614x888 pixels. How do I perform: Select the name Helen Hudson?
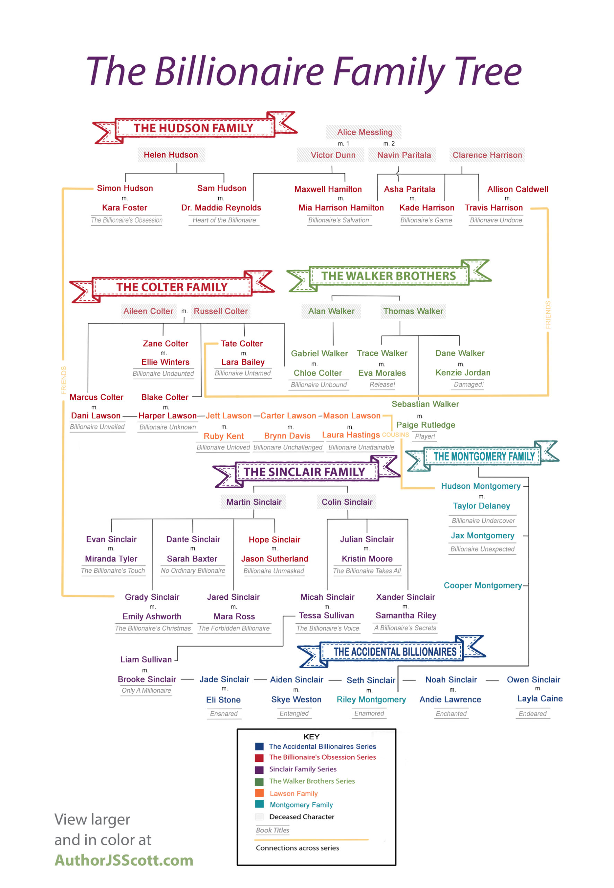point(171,155)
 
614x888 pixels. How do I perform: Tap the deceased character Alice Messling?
point(365,132)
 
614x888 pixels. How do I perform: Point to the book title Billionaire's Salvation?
point(339,220)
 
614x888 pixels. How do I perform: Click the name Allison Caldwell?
point(517,189)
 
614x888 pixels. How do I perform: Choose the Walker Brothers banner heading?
point(388,276)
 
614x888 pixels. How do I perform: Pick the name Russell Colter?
point(221,311)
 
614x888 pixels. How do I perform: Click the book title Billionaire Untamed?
point(243,373)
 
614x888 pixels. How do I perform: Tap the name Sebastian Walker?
point(425,404)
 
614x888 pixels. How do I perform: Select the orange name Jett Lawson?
point(229,416)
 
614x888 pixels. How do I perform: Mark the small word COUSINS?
point(395,435)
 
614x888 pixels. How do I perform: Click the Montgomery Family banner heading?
point(484,456)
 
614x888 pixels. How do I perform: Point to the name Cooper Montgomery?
point(483,585)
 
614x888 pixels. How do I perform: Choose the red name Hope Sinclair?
point(274,539)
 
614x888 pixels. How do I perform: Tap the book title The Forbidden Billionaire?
point(234,628)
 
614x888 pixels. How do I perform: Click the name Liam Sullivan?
point(146,659)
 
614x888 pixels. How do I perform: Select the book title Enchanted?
point(451,714)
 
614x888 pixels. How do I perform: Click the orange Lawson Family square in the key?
point(259,793)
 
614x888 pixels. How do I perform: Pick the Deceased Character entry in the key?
point(301,817)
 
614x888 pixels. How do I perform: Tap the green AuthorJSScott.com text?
point(124,860)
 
